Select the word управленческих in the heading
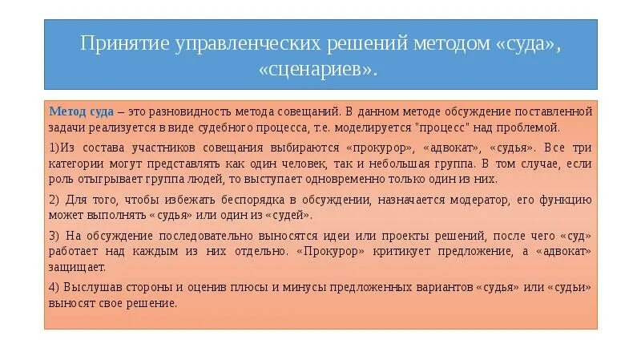[x=245, y=42]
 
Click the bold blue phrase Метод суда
[x=80, y=111]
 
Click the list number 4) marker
[x=55, y=288]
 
